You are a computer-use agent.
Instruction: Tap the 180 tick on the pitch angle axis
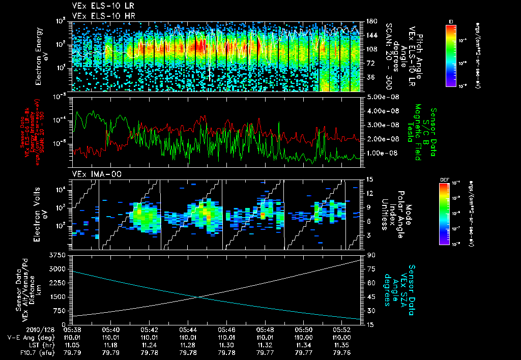[370, 21]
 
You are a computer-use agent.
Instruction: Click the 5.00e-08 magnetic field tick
[378, 97]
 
